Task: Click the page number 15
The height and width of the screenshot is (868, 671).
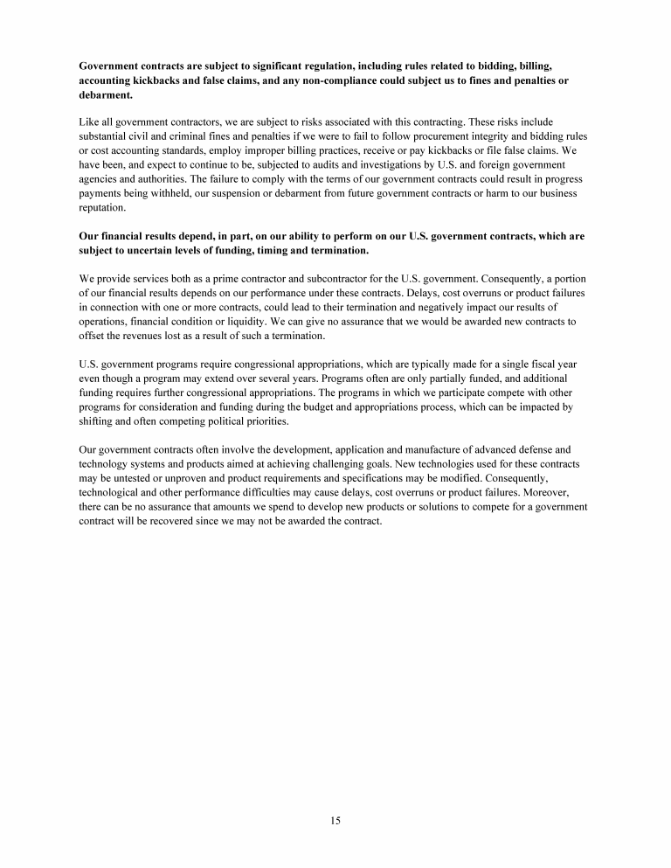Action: click(335, 820)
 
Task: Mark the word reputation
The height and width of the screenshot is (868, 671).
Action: click(102, 208)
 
